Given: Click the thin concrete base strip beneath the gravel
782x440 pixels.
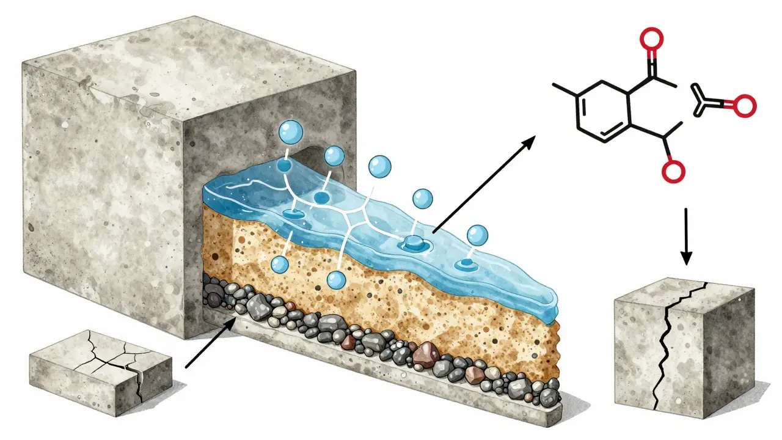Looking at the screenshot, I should point(428,397).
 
